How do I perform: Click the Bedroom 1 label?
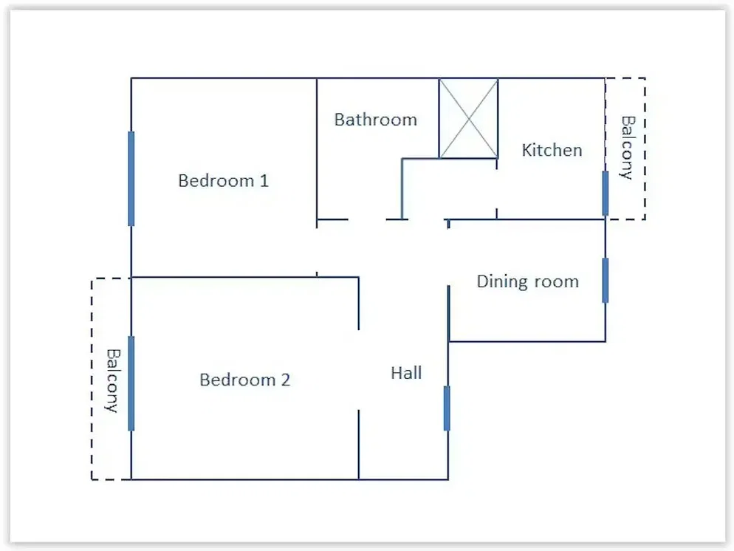pyautogui.click(x=223, y=181)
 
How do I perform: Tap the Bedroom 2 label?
pyautogui.click(x=245, y=380)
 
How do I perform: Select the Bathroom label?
pyautogui.click(x=375, y=120)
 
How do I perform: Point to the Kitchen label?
pyautogui.click(x=552, y=150)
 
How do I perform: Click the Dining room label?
pyautogui.click(x=527, y=281)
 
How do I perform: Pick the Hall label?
pyautogui.click(x=406, y=373)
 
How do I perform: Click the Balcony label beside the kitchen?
pyautogui.click(x=627, y=148)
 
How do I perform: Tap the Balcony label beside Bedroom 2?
pyautogui.click(x=112, y=380)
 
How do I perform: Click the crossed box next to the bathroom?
pyautogui.click(x=468, y=118)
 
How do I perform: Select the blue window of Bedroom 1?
pyautogui.click(x=131, y=178)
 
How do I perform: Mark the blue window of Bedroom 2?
pyautogui.click(x=131, y=383)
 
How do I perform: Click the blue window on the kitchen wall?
pyautogui.click(x=606, y=194)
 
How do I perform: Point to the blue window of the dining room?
pyautogui.click(x=606, y=281)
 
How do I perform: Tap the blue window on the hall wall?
pyautogui.click(x=447, y=408)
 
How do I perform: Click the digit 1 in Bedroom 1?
pyautogui.click(x=264, y=181)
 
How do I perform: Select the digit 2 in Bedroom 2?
pyautogui.click(x=286, y=380)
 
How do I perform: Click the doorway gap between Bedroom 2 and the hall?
pyautogui.click(x=359, y=370)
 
